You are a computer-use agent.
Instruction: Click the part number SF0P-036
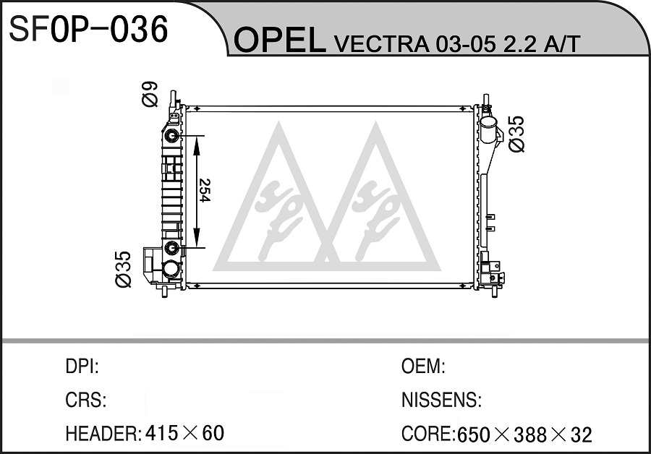pos(88,29)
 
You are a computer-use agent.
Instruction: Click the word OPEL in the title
pos(280,40)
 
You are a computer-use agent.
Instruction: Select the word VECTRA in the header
pos(381,43)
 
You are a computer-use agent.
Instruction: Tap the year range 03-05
pos(465,43)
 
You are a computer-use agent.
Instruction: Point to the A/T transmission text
pos(561,43)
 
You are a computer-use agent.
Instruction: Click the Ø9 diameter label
pos(150,94)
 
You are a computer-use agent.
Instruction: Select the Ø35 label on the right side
pos(517,134)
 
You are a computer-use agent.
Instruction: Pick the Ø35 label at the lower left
pos(123,270)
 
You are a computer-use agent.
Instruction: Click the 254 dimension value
pos(205,190)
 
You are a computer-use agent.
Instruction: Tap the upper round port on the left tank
pos(171,136)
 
